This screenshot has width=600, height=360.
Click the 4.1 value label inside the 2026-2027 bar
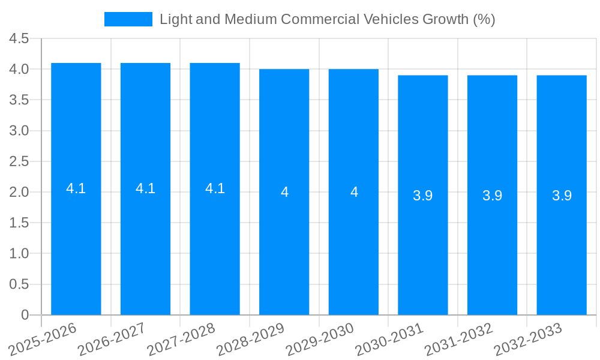click(x=145, y=188)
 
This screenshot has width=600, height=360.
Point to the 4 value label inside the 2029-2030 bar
click(x=354, y=192)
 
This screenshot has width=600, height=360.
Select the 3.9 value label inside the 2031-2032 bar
click(x=492, y=196)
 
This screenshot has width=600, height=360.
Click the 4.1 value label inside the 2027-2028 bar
click(x=215, y=188)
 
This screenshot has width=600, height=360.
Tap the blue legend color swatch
click(x=128, y=19)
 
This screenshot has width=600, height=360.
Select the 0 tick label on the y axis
click(x=25, y=315)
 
